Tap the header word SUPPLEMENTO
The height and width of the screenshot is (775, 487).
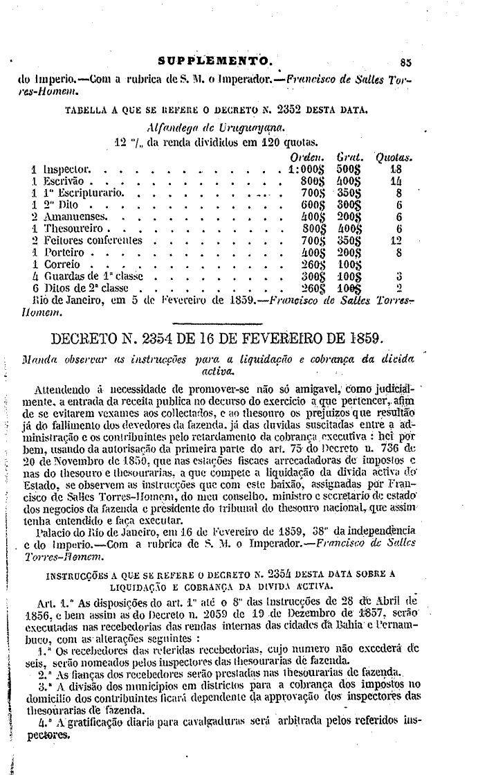click(218, 60)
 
